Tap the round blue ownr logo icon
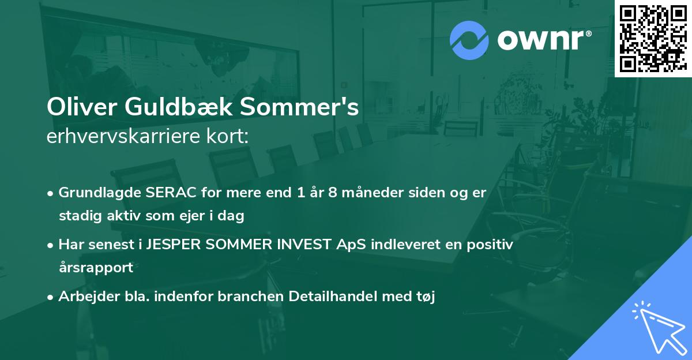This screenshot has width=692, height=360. (469, 40)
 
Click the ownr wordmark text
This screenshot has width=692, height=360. (544, 40)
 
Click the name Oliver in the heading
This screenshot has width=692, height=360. (77, 108)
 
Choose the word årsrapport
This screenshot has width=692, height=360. (96, 268)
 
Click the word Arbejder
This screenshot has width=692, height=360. (84, 297)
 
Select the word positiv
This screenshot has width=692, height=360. (491, 245)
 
